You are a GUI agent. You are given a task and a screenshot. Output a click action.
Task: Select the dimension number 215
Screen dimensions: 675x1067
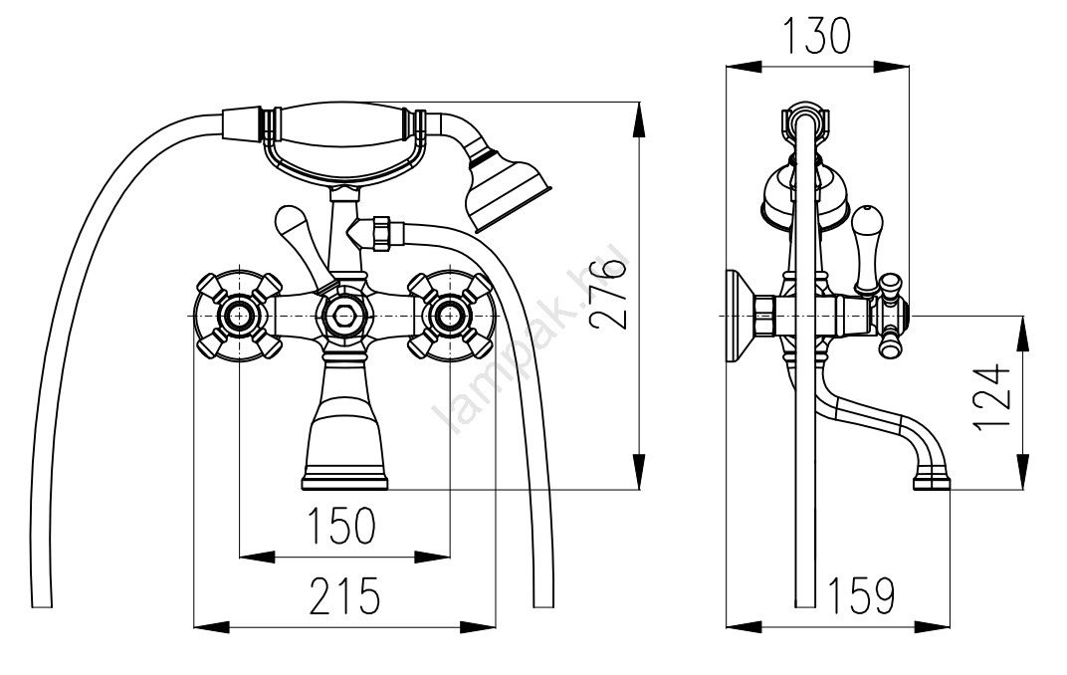coord(343,596)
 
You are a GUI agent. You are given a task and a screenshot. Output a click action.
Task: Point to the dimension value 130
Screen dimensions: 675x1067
coord(816,37)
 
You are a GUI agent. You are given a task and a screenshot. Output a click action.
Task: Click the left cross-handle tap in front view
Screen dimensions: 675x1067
coord(239,317)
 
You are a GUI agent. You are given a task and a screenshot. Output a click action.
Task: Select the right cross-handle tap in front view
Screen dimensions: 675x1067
coord(449,317)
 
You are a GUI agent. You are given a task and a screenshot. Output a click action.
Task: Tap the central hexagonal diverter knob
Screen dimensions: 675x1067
coord(344,317)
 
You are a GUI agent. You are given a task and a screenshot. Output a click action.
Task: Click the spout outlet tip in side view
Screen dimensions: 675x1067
coord(933,484)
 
